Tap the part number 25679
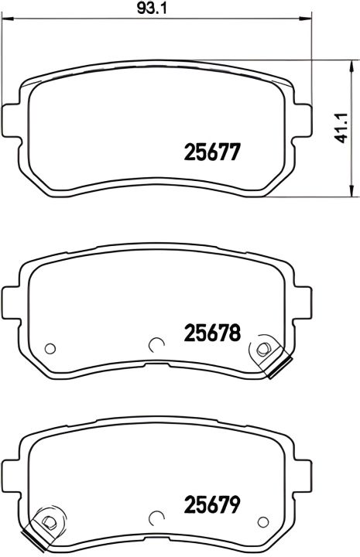coord(212,504)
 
